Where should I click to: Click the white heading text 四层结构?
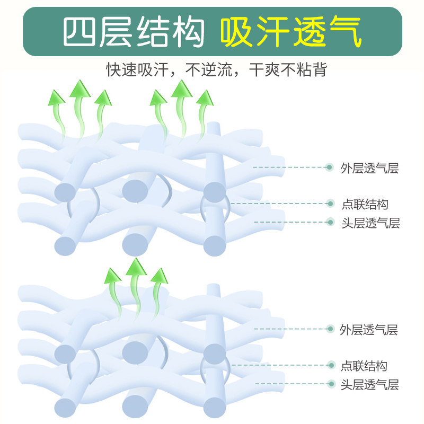click(133, 32)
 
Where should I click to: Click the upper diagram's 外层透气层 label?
click(369, 169)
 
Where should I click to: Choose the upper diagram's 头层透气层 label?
click(370, 223)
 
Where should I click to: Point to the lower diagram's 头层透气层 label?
click(369, 384)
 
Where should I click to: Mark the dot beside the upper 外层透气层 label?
click(329, 167)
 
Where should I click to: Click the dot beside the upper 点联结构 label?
click(330, 203)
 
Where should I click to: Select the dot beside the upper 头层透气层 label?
click(330, 222)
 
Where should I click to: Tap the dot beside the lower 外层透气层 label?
click(330, 329)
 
